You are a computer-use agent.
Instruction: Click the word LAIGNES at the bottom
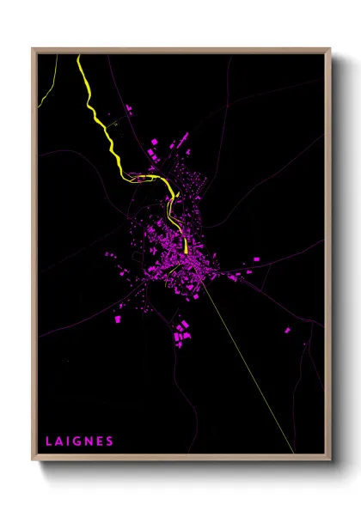[x=80, y=441]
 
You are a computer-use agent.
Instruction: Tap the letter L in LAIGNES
[x=49, y=441]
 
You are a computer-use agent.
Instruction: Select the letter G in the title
[x=79, y=441]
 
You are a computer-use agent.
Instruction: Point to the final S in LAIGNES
[x=110, y=441]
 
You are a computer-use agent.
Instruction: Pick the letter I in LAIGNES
[x=70, y=441]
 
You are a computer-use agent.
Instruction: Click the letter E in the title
[x=101, y=441]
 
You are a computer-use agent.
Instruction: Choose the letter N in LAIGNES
[x=89, y=441]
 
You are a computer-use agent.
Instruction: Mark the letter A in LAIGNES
[x=59, y=441]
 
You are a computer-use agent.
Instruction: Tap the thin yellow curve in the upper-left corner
[x=44, y=90]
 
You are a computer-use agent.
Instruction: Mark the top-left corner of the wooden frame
[x=33, y=49]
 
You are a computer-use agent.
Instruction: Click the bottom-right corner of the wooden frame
[x=330, y=464]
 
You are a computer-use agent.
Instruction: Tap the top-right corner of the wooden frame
[x=330, y=49]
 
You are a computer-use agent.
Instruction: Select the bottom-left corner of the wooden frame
[x=33, y=464]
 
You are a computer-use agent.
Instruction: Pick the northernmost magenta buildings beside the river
[x=130, y=109]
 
